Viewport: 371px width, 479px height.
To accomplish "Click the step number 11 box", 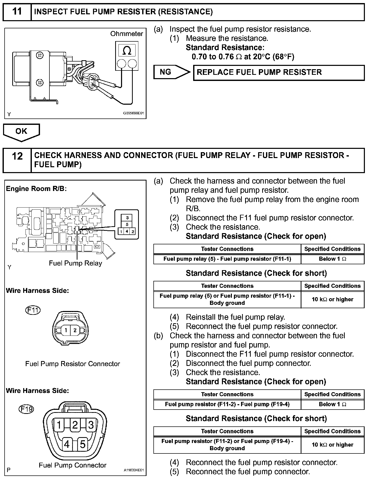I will (17, 12).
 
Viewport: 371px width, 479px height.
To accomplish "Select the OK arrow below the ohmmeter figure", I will (21, 131).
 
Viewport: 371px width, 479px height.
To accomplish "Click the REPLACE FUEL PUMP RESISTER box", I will (279, 73).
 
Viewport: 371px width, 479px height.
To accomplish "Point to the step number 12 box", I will (17, 160).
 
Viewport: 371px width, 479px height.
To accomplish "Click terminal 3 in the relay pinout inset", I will (127, 218).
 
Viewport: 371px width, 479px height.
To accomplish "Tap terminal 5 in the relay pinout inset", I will (127, 224).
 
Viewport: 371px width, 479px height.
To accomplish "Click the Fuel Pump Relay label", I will (75, 263).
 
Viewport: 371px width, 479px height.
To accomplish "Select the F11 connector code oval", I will (33, 310).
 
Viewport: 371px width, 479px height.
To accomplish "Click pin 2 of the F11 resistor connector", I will (75, 330).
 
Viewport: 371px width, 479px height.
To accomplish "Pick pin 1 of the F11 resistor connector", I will (66, 330).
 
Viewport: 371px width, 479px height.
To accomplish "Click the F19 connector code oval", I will (26, 409).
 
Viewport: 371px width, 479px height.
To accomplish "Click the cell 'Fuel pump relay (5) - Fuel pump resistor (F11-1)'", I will (227, 259).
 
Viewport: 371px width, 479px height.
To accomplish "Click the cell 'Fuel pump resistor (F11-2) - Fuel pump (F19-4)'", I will (227, 404).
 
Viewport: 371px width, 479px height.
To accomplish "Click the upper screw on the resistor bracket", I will (39, 55).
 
